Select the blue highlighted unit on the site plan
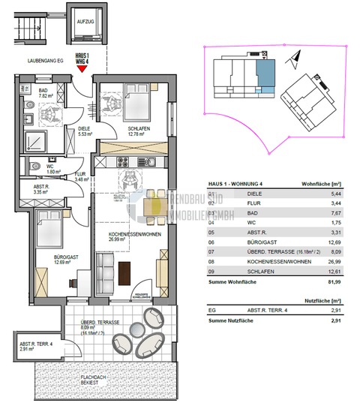pyautogui.click(x=265, y=75)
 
